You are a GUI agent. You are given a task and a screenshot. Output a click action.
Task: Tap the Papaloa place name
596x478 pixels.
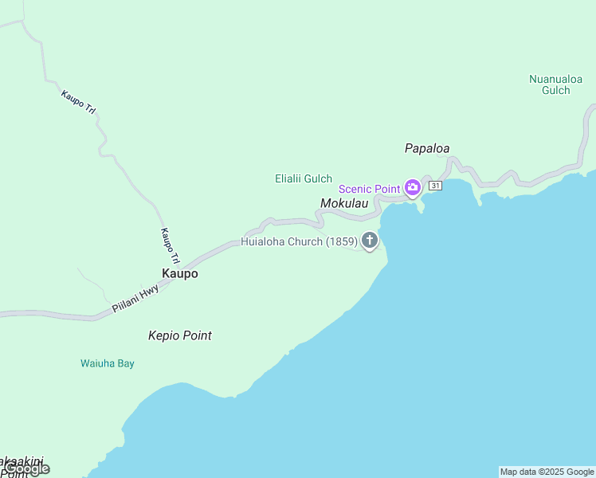[427, 148]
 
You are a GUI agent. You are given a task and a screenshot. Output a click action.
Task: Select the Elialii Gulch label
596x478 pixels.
[304, 179]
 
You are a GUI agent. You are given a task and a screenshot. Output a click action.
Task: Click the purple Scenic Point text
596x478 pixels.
[369, 189]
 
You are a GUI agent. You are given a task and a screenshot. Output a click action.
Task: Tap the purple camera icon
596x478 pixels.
[413, 188]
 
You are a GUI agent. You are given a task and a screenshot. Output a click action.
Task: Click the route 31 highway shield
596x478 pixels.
[435, 186]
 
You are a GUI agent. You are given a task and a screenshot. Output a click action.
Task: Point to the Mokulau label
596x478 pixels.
[344, 204]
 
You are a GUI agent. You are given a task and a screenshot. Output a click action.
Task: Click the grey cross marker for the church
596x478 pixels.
[369, 239]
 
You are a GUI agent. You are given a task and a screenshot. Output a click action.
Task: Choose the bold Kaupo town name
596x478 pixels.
[179, 273]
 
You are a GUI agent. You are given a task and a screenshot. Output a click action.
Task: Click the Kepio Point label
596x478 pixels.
[180, 335]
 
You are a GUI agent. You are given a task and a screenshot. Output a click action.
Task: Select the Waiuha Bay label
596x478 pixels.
[108, 363]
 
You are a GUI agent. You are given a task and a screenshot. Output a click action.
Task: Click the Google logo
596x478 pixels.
[26, 469]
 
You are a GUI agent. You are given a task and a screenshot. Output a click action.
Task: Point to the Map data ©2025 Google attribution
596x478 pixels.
[547, 472]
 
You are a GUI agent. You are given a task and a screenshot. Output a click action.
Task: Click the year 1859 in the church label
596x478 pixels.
[341, 241]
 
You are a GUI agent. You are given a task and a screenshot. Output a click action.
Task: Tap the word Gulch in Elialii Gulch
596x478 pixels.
[318, 179]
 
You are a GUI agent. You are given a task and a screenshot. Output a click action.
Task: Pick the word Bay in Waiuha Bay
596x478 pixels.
[124, 363]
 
